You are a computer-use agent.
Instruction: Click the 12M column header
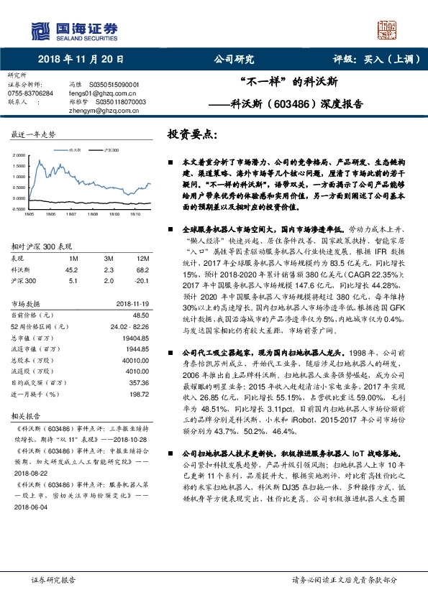coord(142,258)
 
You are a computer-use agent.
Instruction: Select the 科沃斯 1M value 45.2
coord(72,269)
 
